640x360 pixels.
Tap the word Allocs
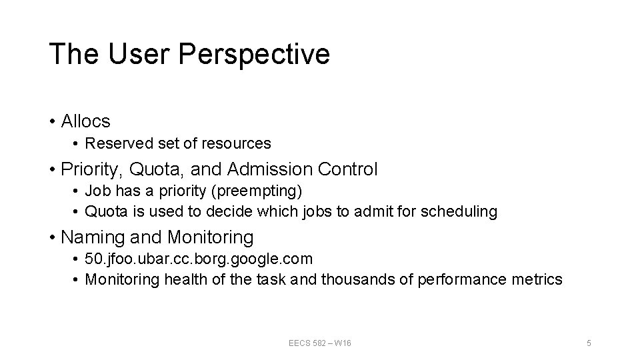pyautogui.click(x=85, y=121)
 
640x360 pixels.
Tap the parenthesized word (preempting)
pyautogui.click(x=255, y=192)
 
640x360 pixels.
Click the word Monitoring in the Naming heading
pyautogui.click(x=211, y=237)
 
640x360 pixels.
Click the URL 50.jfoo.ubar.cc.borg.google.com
pyautogui.click(x=199, y=259)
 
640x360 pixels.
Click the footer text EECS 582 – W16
pyautogui.click(x=320, y=343)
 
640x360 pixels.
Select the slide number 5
pyautogui.click(x=589, y=343)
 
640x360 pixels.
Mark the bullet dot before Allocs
pyautogui.click(x=52, y=122)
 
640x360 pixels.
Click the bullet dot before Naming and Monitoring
pyautogui.click(x=52, y=237)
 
